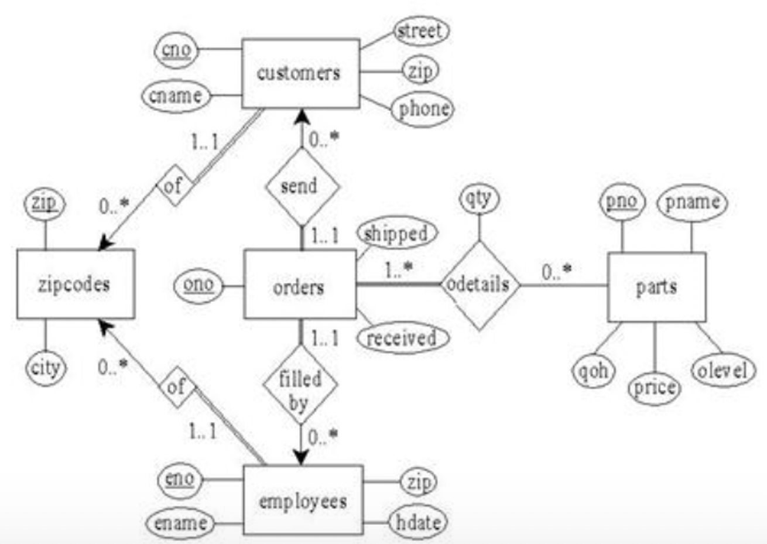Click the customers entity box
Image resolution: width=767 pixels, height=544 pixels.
click(x=300, y=74)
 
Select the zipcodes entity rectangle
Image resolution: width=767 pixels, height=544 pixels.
click(x=75, y=285)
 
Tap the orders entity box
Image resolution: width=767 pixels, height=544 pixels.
click(x=299, y=285)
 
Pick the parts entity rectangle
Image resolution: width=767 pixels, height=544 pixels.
click(x=656, y=287)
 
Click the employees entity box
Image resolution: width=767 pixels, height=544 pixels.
click(x=303, y=501)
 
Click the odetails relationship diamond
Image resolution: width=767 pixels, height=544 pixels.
click(x=479, y=285)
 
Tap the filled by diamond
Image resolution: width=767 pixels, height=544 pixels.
click(x=300, y=387)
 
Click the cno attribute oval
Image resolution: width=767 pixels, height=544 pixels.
click(x=176, y=50)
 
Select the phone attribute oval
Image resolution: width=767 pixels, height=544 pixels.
click(x=424, y=109)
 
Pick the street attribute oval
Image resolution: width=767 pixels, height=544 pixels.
click(x=420, y=30)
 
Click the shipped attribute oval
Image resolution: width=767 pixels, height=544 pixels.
click(x=396, y=233)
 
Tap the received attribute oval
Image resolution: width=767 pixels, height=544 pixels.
click(x=402, y=338)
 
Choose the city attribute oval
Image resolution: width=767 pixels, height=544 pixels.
click(x=46, y=368)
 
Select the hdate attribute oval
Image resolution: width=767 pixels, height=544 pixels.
click(x=417, y=521)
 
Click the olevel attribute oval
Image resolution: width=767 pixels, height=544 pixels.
click(x=723, y=370)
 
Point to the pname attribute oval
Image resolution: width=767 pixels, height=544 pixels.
click(x=691, y=203)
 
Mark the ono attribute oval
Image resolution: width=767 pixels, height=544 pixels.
click(x=199, y=285)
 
